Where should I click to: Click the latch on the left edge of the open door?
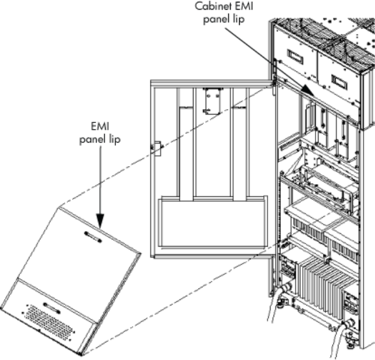click(155, 147)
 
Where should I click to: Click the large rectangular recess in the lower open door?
click(212, 221)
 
